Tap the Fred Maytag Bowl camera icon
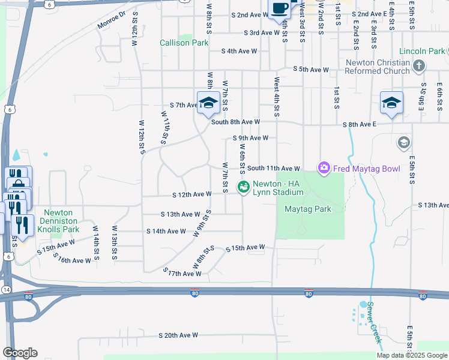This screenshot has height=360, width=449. pyautogui.click(x=324, y=169)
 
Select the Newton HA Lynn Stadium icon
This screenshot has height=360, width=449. pyautogui.click(x=243, y=188)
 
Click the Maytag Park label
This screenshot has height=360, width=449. pyautogui.click(x=308, y=209)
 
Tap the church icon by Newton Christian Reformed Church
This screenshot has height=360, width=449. pyautogui.click(x=419, y=65)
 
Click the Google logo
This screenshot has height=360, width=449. pyautogui.click(x=20, y=353)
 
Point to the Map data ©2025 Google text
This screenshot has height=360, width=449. pyautogui.click(x=412, y=355)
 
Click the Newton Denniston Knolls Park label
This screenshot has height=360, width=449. pyautogui.click(x=58, y=221)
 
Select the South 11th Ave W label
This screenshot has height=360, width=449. pyautogui.click(x=273, y=169)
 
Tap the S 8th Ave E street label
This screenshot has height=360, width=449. pyautogui.click(x=359, y=125)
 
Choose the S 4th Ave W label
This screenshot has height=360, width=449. pyautogui.click(x=240, y=52)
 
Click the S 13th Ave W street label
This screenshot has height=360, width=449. pyautogui.click(x=181, y=214)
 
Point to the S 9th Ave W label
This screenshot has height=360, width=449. pyautogui.click(x=250, y=137)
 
